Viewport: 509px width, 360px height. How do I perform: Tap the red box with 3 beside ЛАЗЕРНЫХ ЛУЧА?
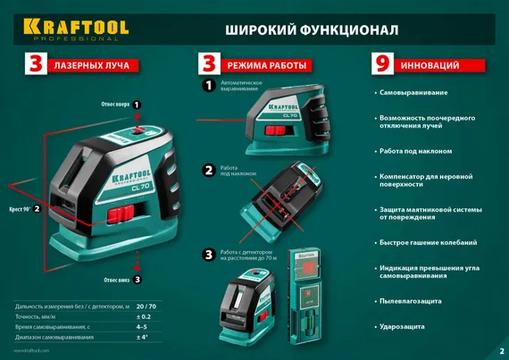pyautogui.click(x=36, y=65)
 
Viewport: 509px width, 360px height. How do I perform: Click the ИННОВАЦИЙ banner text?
pyautogui.click(x=430, y=66)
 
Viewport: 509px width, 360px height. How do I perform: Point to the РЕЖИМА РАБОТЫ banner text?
pyautogui.click(x=266, y=66)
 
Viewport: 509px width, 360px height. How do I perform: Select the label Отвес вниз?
pyautogui.click(x=116, y=279)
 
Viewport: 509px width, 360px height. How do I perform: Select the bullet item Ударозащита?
pyautogui.click(x=401, y=326)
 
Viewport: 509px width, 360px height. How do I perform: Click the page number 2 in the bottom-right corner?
pyautogui.click(x=501, y=350)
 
